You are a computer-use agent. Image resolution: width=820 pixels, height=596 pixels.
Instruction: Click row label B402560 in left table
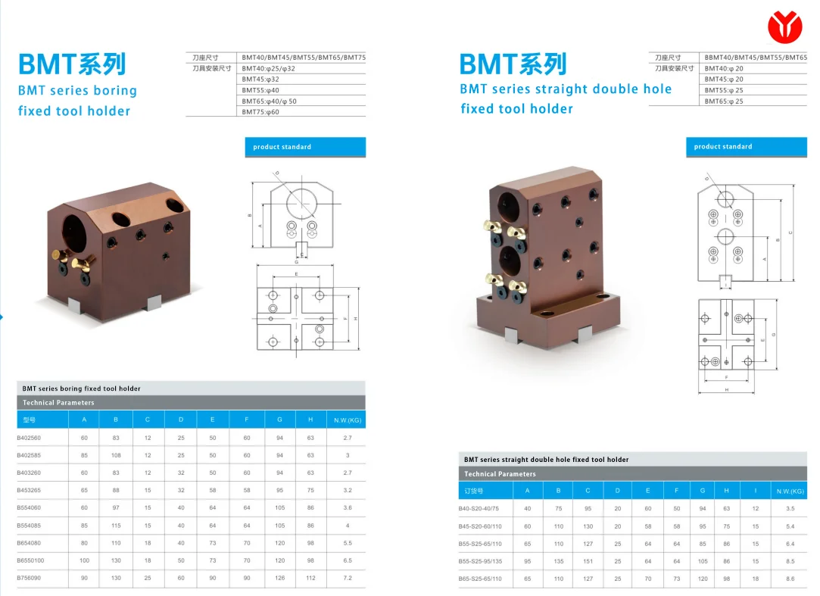click(29, 438)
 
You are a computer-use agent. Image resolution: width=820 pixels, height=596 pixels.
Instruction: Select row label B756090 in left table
click(29, 578)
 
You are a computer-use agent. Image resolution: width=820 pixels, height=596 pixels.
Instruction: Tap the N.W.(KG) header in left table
click(348, 420)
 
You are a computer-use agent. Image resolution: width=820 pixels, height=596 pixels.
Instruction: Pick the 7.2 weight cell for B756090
click(348, 578)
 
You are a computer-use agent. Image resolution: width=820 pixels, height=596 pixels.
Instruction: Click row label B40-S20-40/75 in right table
click(479, 508)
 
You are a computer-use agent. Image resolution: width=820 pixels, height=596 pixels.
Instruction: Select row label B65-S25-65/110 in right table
click(480, 579)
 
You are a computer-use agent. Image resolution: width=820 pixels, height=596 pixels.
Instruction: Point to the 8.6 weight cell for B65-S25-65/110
click(790, 579)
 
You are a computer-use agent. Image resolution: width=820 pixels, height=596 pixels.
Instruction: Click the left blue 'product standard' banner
click(305, 147)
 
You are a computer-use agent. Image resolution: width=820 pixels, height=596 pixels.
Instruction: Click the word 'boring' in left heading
click(115, 91)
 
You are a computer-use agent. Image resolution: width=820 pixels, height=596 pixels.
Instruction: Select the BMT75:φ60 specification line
click(261, 112)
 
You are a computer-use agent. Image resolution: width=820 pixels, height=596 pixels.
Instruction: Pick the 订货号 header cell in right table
click(475, 491)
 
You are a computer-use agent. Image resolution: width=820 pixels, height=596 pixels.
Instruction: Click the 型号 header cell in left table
click(30, 420)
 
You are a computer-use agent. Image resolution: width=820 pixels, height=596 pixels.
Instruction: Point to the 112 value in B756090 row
click(310, 578)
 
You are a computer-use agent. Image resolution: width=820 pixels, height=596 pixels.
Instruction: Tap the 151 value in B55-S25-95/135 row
click(588, 561)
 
